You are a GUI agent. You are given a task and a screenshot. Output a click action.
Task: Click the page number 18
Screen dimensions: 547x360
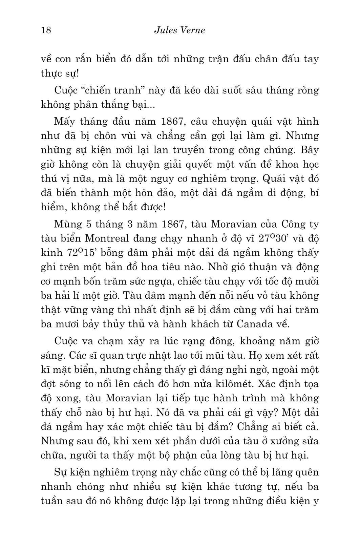point(46,30)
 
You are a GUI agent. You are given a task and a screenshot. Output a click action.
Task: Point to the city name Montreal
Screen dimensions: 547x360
point(107,238)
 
